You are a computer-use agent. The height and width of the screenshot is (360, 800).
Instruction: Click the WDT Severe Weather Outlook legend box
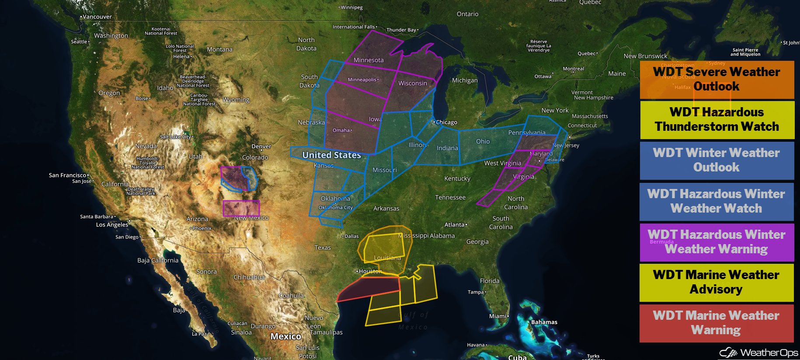[x=717, y=79]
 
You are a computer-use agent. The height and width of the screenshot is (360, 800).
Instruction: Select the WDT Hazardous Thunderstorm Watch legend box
[x=717, y=119]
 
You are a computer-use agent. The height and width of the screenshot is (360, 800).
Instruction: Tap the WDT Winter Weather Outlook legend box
[x=717, y=160]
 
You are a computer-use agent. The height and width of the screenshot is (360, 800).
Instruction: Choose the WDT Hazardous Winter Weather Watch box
[x=717, y=201]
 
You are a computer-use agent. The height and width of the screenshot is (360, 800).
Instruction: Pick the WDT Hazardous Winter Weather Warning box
[x=717, y=242]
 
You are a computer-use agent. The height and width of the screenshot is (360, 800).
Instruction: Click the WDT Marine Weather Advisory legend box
[x=717, y=282]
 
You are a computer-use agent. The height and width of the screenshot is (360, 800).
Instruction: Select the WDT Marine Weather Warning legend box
[x=717, y=323]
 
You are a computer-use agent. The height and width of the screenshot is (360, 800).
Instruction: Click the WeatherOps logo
[x=759, y=353]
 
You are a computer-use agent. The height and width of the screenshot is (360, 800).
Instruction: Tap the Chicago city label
[x=446, y=122]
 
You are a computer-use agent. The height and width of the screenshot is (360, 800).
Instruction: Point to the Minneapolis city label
[x=362, y=80]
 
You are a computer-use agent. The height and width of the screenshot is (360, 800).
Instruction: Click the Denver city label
[x=261, y=147]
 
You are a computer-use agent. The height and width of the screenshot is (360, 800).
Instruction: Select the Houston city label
[x=370, y=271]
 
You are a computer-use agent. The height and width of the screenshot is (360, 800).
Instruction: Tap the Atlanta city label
[x=455, y=225]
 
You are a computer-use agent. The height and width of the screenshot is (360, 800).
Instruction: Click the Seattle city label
[x=79, y=42]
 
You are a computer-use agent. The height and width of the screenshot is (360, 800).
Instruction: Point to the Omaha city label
[x=341, y=130]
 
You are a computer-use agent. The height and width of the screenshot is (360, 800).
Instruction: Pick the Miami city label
[x=497, y=316]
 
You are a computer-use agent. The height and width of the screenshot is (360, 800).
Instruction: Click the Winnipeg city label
[x=351, y=7]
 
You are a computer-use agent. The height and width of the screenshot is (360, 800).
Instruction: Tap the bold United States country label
[x=331, y=155]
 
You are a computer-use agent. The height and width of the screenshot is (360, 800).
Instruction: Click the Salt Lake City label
[x=175, y=137]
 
